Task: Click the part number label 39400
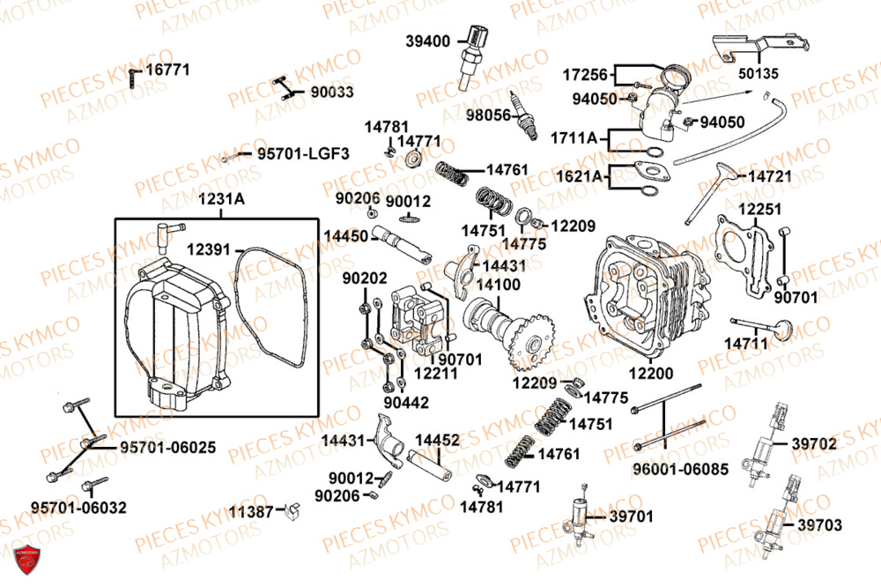428,41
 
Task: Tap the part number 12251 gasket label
759,209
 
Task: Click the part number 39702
814,444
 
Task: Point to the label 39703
819,525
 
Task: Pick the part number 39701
632,516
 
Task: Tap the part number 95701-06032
78,508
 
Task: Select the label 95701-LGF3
303,153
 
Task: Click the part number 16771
167,69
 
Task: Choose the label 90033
331,91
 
